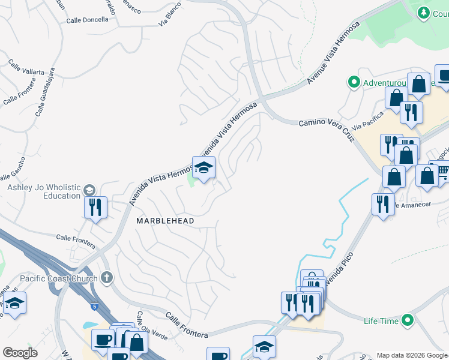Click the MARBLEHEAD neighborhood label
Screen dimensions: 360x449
point(165,221)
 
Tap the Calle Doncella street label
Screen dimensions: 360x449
point(88,20)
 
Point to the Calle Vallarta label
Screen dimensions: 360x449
point(26,67)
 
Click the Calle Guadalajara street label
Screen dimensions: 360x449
point(46,100)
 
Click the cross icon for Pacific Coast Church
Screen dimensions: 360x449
point(107,277)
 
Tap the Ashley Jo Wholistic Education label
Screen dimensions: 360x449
point(44,191)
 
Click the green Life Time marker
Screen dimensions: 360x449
point(408,321)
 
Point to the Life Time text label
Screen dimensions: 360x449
point(381,321)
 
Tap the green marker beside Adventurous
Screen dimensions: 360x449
point(354,82)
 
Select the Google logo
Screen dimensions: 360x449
point(20,353)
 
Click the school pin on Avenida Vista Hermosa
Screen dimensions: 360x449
point(203,168)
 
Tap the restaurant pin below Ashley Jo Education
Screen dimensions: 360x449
point(95,208)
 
